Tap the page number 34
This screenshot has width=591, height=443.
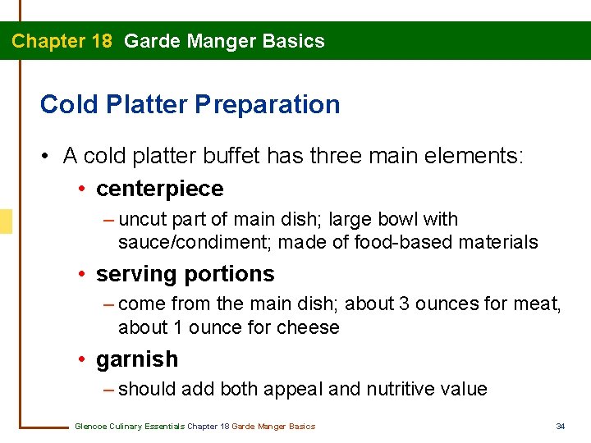click(x=561, y=426)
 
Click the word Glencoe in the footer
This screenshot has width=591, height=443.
click(x=89, y=426)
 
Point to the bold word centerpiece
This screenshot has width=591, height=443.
click(x=159, y=189)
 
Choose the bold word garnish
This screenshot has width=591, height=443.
click(x=136, y=359)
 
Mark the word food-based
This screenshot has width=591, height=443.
click(x=387, y=242)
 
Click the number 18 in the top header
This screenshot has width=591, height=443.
click(x=102, y=41)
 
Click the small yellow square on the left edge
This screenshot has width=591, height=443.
click(x=6, y=221)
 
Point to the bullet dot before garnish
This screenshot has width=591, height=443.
click(x=83, y=359)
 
